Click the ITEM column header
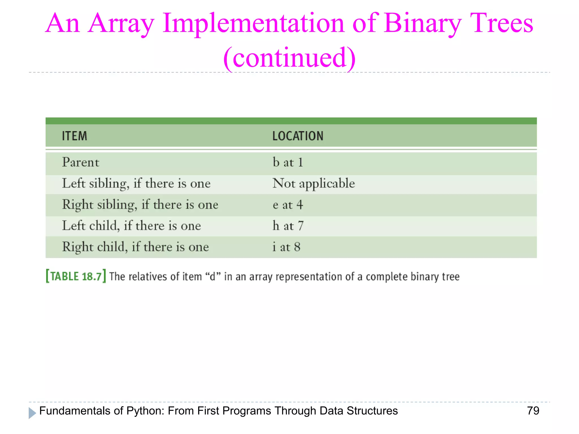coord(74,136)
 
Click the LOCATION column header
coord(298,136)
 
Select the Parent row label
coord(81,162)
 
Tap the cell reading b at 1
coord(288,162)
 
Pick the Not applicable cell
coord(314,184)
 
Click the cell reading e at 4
coord(288,205)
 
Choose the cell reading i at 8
coord(286,247)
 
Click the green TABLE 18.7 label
coord(76,276)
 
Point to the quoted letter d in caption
coord(213,276)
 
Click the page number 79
coord(533,411)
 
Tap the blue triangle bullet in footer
coord(32,413)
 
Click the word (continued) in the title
coord(289,58)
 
